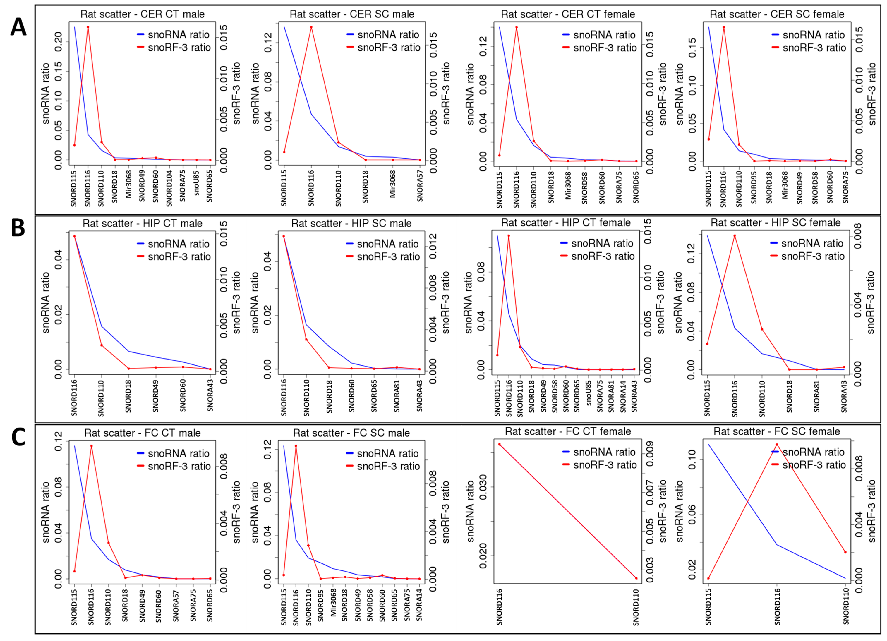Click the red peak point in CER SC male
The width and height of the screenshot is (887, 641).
[311, 27]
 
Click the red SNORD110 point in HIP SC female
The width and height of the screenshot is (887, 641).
[762, 329]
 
